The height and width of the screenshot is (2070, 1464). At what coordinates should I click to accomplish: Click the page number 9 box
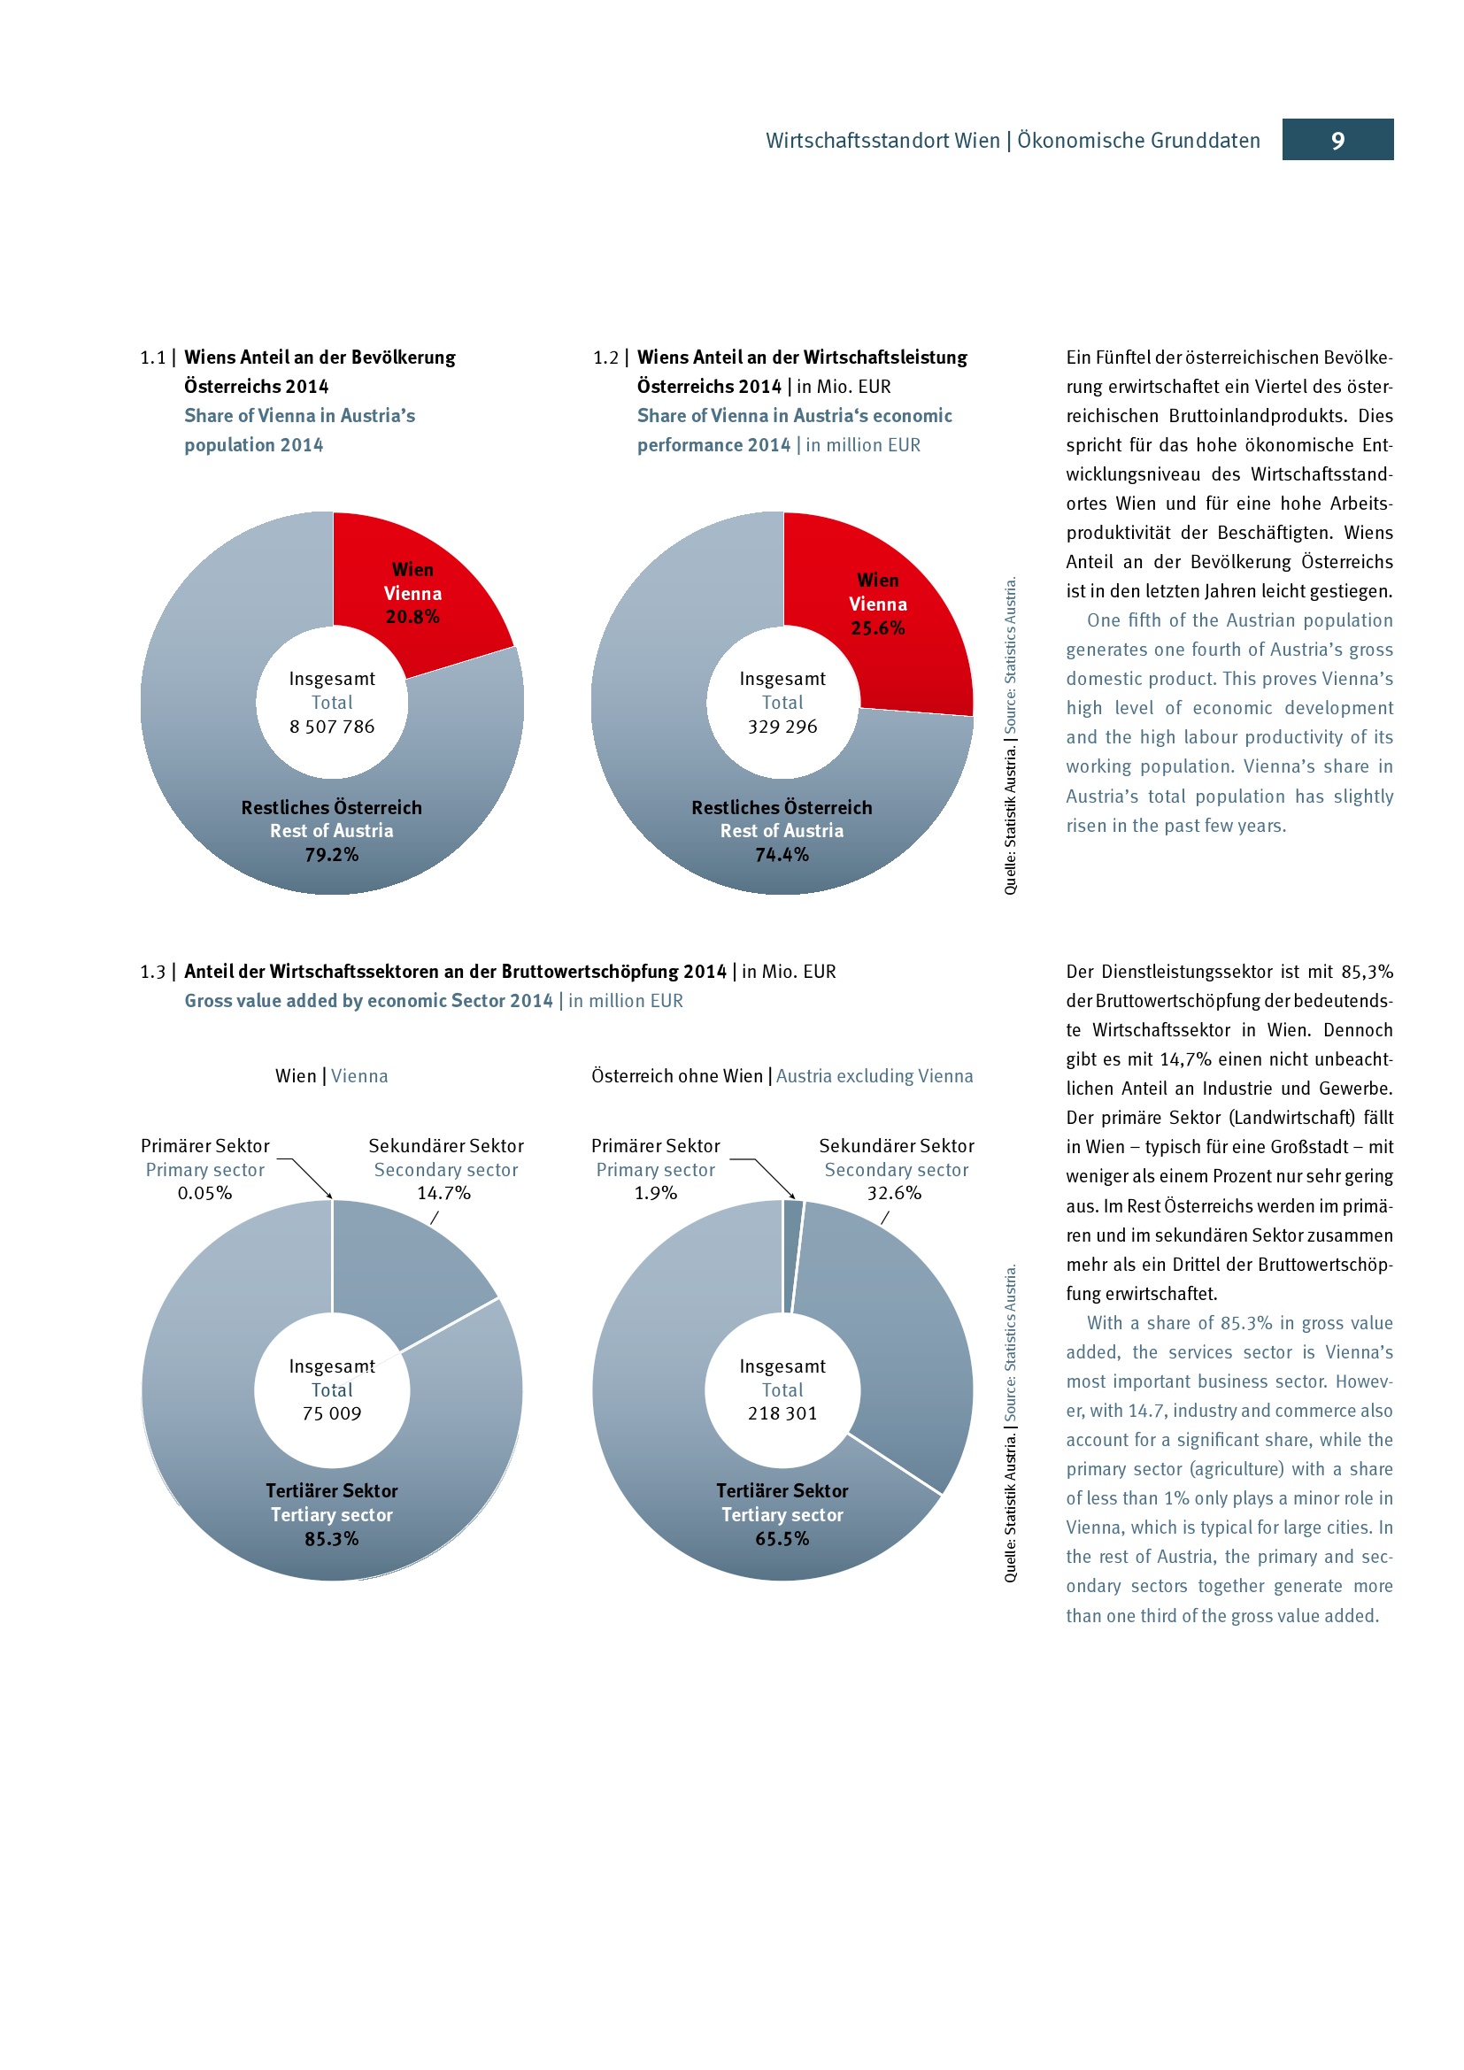(x=1337, y=140)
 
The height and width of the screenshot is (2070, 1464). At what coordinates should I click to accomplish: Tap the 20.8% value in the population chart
(x=412, y=617)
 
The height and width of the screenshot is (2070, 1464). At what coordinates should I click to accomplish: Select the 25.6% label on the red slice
(x=877, y=628)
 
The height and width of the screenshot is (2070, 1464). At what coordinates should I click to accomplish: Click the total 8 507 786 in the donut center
(x=332, y=727)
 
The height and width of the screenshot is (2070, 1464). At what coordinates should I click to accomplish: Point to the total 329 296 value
(x=782, y=727)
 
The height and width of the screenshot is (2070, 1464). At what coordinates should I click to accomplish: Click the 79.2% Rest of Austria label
(x=332, y=855)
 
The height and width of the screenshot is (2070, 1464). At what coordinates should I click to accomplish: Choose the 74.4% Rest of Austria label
(x=782, y=855)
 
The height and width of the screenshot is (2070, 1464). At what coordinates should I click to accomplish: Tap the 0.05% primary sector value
(x=204, y=1194)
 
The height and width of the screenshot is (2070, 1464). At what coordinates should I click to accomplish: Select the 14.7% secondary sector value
(x=443, y=1194)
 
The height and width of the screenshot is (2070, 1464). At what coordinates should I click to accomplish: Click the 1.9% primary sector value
(x=655, y=1194)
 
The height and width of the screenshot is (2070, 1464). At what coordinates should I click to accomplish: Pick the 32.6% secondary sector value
(x=894, y=1194)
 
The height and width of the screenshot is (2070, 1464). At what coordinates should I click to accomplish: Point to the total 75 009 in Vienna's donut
(x=332, y=1413)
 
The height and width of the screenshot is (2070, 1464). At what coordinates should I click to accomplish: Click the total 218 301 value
(x=782, y=1413)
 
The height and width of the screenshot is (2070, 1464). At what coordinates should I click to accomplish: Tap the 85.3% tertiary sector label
(x=332, y=1539)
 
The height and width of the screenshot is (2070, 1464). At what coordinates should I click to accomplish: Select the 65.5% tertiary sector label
(x=782, y=1539)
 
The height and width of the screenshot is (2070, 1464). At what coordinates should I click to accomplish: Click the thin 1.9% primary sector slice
(x=791, y=1253)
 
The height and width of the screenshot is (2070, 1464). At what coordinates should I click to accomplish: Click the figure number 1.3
(x=152, y=972)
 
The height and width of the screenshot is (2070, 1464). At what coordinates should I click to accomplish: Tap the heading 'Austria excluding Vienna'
(x=875, y=1076)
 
